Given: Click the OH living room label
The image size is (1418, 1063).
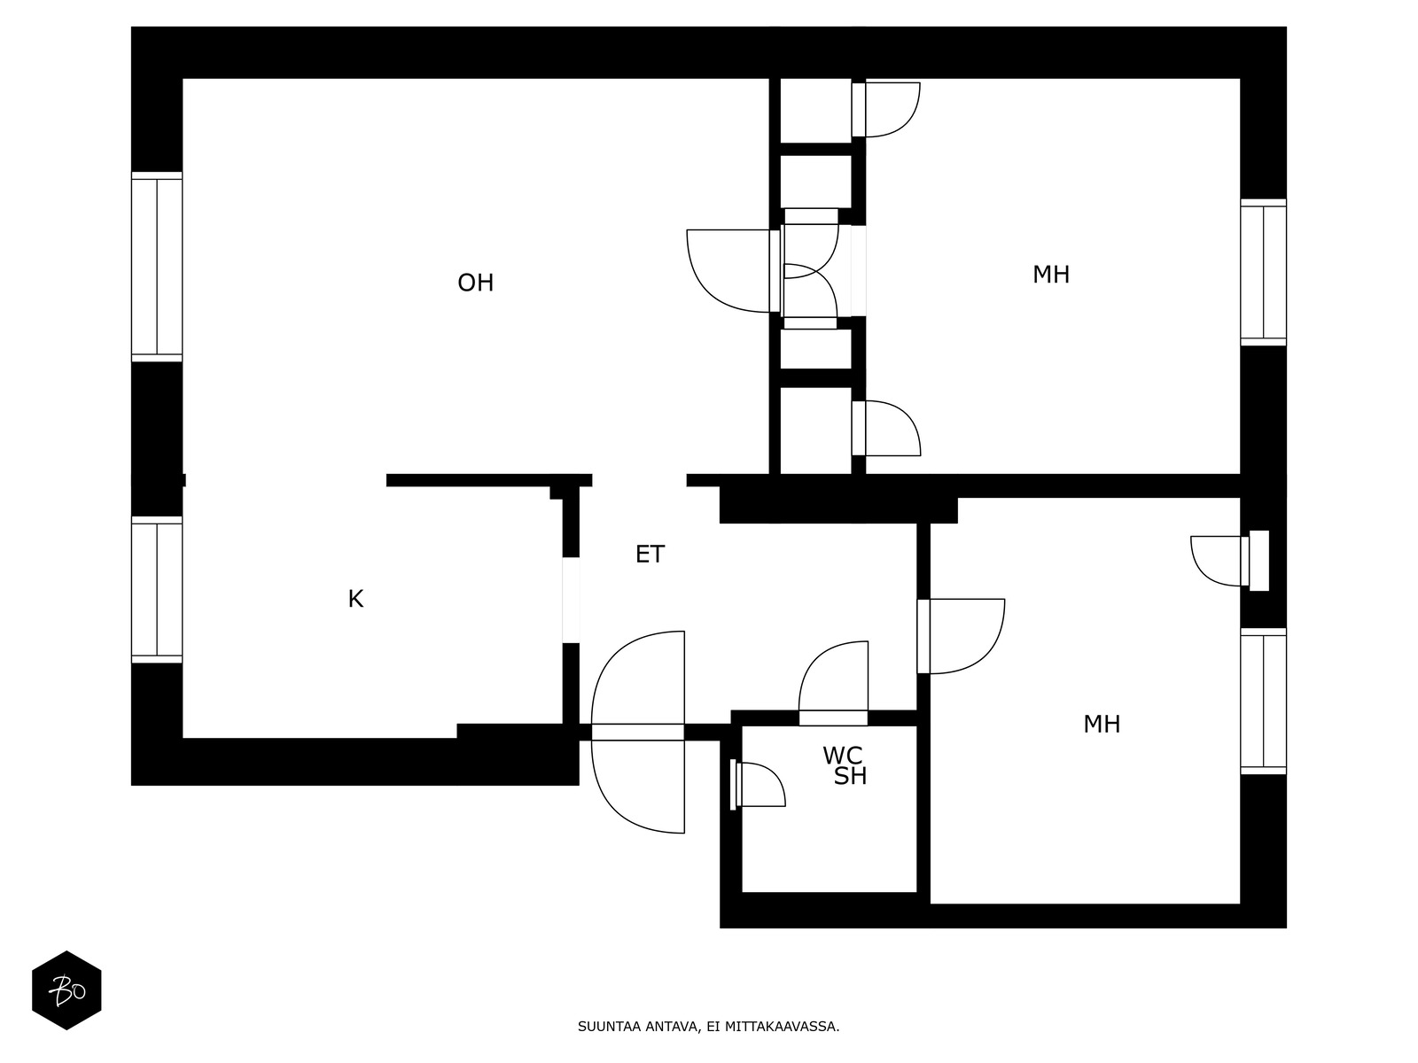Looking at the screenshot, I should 475,283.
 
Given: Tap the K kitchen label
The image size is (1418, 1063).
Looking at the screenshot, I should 355,599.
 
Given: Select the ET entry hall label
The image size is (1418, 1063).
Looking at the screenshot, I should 650,555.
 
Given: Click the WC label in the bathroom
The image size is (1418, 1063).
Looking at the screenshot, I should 842,756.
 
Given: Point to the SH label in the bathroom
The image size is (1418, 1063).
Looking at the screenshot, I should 850,777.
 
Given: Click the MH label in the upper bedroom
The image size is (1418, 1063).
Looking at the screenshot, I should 1051,275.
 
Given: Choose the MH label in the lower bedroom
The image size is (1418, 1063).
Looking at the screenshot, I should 1102,725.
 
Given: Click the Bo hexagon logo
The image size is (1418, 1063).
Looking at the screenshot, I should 66,990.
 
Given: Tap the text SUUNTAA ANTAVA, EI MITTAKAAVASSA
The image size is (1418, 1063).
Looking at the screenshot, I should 708,1028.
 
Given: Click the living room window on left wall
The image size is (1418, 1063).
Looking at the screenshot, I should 157,267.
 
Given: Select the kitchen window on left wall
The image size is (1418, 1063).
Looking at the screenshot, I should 157,590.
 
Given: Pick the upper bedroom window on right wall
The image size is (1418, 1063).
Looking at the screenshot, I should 1263,272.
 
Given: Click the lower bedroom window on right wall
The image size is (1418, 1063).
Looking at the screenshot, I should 1263,701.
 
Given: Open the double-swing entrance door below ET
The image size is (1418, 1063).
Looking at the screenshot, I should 638,732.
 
